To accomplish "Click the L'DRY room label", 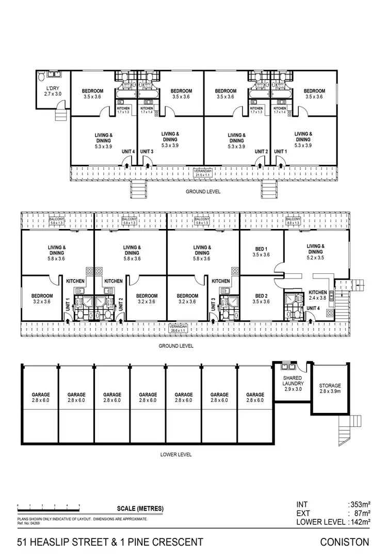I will coord(52,91).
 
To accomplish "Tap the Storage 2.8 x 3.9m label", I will coord(330,389).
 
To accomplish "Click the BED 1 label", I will coord(262,251).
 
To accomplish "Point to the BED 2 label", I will coord(262,299).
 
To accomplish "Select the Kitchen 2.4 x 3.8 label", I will coord(317,295).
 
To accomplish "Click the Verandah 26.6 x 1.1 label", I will coord(179,327).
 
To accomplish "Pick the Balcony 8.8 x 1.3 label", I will coord(293,221).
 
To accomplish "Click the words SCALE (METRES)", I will coord(141,508).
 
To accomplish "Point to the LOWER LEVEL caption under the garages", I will coord(177,455).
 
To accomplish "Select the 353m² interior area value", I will coord(360,504).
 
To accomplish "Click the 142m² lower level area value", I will coord(360,522).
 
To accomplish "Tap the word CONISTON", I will coord(345,542).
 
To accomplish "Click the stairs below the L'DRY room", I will coord(62,113).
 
